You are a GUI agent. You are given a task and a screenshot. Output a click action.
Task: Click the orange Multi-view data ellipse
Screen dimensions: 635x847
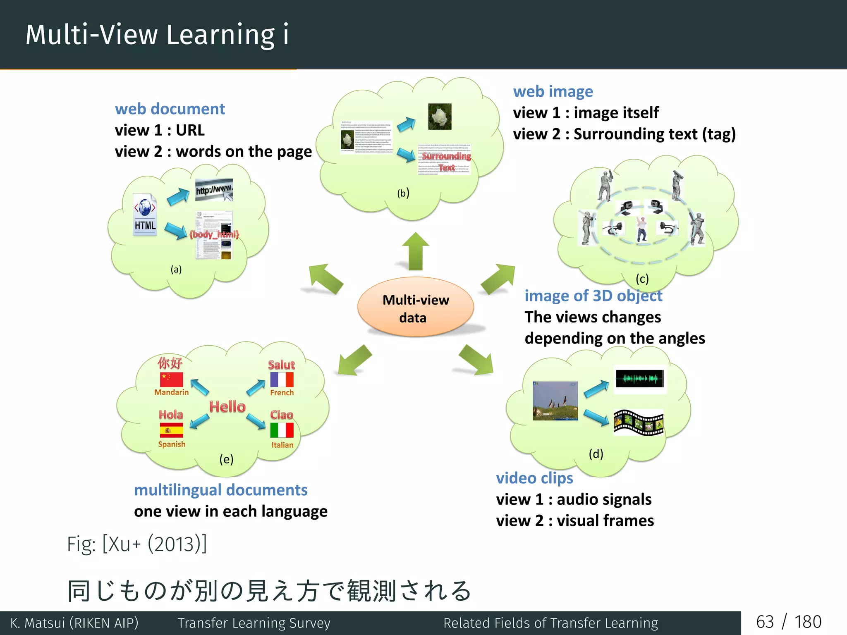coord(415,308)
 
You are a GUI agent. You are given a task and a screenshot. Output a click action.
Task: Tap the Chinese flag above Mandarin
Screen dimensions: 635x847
coord(171,380)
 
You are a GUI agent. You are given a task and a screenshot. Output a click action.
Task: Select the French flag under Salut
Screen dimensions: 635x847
coord(282,380)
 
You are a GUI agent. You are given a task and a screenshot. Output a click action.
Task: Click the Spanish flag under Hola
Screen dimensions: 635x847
coord(171,430)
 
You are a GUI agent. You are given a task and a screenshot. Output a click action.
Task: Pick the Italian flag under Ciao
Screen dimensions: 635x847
coord(282,430)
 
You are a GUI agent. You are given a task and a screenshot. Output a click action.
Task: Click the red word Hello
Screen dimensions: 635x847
coord(227,407)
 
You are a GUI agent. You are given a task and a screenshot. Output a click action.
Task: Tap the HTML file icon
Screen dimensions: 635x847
coord(145,214)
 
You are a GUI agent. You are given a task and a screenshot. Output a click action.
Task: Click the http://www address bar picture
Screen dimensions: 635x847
coord(214,190)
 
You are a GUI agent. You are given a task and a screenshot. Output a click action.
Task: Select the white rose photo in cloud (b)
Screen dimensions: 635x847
coord(440,117)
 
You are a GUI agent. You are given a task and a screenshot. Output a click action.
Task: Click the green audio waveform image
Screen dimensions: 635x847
coord(639,378)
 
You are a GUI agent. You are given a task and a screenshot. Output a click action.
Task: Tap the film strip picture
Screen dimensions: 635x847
coord(639,423)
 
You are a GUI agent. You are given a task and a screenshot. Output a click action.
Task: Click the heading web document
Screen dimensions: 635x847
coord(170,109)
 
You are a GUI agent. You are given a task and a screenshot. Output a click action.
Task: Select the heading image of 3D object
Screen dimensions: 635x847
coord(593,296)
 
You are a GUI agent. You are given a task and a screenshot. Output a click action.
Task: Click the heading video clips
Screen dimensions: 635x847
coord(534,478)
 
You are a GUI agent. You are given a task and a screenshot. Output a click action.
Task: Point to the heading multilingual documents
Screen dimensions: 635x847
coord(220,490)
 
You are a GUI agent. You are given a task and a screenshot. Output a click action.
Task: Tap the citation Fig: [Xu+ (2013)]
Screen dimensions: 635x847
coord(137,544)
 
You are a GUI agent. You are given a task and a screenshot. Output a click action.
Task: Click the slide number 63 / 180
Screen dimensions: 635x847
coord(788,622)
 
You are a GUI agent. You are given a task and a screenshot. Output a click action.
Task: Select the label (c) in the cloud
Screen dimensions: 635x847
coord(642,279)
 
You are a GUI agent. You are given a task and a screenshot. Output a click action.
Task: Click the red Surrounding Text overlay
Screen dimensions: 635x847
coord(446,161)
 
